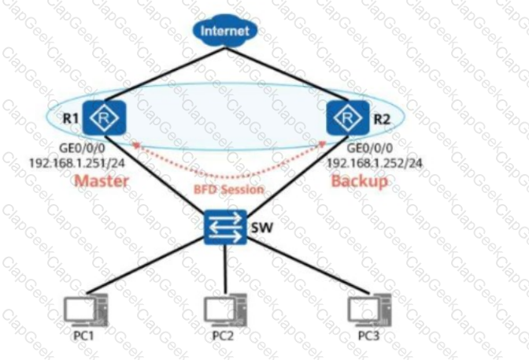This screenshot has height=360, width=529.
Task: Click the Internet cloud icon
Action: pyautogui.click(x=225, y=31)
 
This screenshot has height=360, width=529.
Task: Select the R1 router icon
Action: pyautogui.click(x=104, y=118)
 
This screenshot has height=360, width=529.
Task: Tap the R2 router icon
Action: pyautogui.click(x=348, y=118)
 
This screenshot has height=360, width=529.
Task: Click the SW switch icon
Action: pyautogui.click(x=225, y=228)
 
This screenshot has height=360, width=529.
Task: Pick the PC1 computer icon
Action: pyautogui.click(x=87, y=311)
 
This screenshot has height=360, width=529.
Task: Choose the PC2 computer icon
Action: pyautogui.click(x=225, y=311)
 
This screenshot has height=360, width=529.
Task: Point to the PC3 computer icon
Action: pyautogui.click(x=370, y=311)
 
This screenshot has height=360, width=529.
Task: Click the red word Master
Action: pyautogui.click(x=102, y=181)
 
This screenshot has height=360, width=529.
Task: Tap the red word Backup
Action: pyautogui.click(x=360, y=181)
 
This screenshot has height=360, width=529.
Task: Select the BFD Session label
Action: pyautogui.click(x=229, y=190)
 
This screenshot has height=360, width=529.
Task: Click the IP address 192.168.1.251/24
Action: pyautogui.click(x=77, y=163)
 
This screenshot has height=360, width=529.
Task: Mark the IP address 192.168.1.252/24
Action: pyautogui.click(x=375, y=163)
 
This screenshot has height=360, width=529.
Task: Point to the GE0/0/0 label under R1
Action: pyautogui.click(x=82, y=148)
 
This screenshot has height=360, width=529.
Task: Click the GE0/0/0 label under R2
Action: pyautogui.click(x=370, y=148)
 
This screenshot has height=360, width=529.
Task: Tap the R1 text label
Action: pyautogui.click(x=71, y=118)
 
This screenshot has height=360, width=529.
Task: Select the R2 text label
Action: pyautogui.click(x=382, y=119)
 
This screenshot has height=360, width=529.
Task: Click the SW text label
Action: pyautogui.click(x=262, y=228)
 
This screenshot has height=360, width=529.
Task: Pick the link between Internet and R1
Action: pyautogui.click(x=165, y=74)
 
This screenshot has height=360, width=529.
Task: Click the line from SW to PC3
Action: pyautogui.click(x=308, y=266)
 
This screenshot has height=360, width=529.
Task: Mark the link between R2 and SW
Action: pyautogui.click(x=298, y=173)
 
